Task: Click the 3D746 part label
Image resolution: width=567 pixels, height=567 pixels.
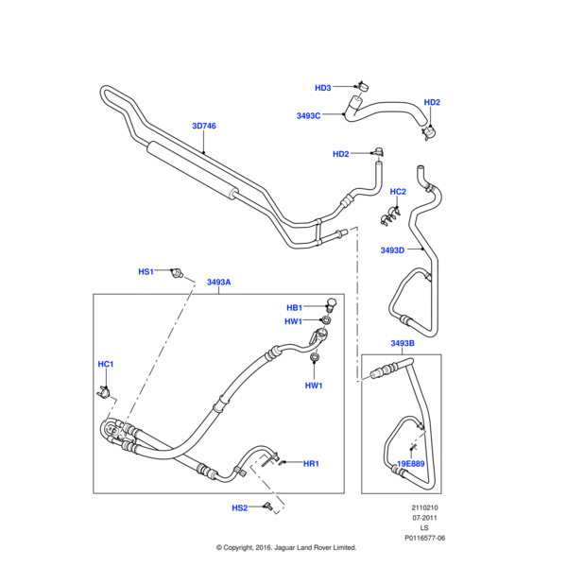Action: [x=203, y=126]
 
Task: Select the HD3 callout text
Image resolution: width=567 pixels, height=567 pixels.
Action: [x=323, y=88]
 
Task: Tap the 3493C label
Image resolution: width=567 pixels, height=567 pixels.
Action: [x=309, y=115]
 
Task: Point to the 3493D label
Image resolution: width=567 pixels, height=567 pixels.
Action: [x=392, y=250]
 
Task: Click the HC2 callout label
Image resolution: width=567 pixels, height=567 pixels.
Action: [x=398, y=192]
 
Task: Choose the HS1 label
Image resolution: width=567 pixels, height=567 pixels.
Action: [x=146, y=271]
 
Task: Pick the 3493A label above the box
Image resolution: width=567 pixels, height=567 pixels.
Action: [x=218, y=282]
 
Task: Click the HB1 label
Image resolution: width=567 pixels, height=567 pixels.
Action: [x=294, y=307]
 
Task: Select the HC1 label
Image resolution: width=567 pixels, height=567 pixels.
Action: [x=106, y=364]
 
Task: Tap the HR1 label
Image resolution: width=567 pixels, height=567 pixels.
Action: [x=311, y=463]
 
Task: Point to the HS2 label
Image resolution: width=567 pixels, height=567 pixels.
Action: [x=240, y=507]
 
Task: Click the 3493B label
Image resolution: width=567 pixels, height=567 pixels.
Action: [x=403, y=343]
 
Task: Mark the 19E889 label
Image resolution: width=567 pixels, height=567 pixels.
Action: [x=410, y=463]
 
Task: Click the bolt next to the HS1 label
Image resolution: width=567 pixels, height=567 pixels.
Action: [x=175, y=273]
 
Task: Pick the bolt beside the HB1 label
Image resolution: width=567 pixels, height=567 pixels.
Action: [x=330, y=304]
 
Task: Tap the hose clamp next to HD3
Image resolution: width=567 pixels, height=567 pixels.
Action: [x=360, y=86]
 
